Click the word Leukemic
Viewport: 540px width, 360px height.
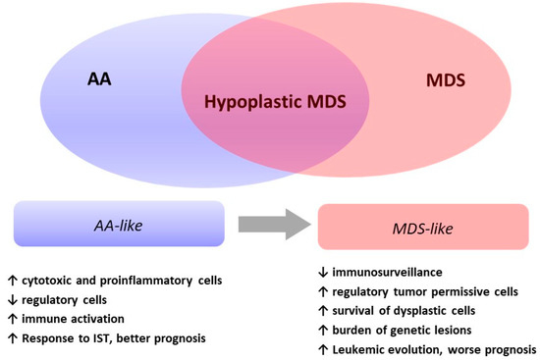362,349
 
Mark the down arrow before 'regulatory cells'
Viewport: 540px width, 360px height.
10,296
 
